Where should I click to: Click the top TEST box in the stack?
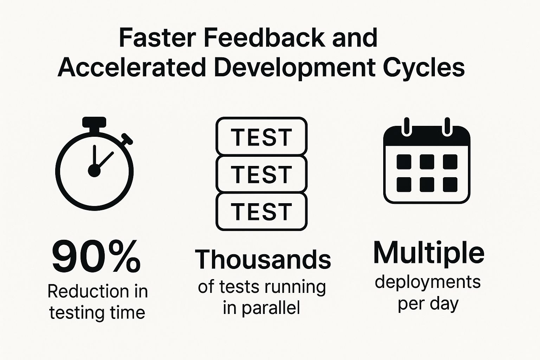pyautogui.click(x=262, y=137)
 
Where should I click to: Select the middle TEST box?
pyautogui.click(x=262, y=174)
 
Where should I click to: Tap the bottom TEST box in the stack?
pyautogui.click(x=262, y=211)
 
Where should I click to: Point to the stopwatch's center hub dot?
pyautogui.click(x=94, y=171)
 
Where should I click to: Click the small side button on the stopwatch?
pyautogui.click(x=127, y=139)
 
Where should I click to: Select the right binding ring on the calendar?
pyautogui.click(x=447, y=127)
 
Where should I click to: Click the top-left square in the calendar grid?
pyautogui.click(x=404, y=162)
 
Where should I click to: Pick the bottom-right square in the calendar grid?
pyautogui.click(x=450, y=185)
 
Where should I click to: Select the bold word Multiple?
pyautogui.click(x=429, y=253)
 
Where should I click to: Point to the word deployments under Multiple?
pyautogui.click(x=427, y=282)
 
